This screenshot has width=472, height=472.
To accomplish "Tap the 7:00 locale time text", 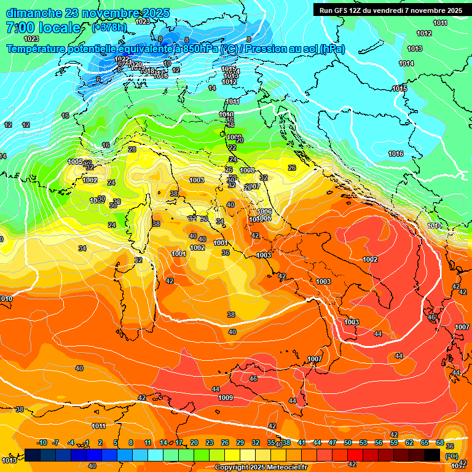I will (42, 28).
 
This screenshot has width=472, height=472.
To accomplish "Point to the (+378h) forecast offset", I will (110, 28).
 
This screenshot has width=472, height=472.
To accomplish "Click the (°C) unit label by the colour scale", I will (451, 455).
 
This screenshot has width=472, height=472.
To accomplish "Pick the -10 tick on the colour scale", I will (42, 443).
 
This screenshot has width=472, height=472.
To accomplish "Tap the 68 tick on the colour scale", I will (440, 443).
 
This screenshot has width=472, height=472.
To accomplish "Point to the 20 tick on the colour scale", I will (194, 443).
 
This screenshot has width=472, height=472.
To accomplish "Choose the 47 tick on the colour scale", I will (332, 443).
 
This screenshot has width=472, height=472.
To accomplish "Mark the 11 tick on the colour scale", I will (147, 443).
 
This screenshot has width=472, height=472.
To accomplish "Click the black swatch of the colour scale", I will (432, 455).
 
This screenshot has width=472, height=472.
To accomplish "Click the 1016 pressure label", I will (396, 154).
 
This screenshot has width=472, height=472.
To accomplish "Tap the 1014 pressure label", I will (406, 63).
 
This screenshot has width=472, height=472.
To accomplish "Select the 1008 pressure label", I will (247, 170).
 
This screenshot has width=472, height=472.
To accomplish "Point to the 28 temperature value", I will (132, 149).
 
